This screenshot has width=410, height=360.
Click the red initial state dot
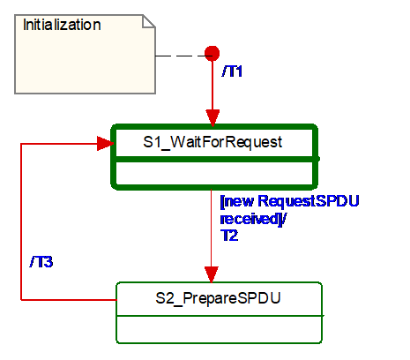tap(212, 53)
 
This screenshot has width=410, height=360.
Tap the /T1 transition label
tap(232, 71)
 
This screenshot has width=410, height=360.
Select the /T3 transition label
tap(41, 262)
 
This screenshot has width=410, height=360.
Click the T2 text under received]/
tap(229, 236)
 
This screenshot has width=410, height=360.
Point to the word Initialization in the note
tap(62, 25)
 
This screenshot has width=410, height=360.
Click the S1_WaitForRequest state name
tap(212, 142)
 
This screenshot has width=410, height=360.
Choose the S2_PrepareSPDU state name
tap(218, 298)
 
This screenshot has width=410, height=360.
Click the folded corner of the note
tap(149, 21)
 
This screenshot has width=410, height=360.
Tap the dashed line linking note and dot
tap(180, 56)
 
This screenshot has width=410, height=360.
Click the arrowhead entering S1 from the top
tap(212, 117)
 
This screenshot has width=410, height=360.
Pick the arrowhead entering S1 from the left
tap(105, 144)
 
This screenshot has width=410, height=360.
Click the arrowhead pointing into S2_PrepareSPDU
tap(211, 274)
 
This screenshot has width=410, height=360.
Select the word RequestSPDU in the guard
tap(309, 201)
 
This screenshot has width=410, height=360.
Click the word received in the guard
tap(250, 219)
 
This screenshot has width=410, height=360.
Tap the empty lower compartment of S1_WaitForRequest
tap(214, 173)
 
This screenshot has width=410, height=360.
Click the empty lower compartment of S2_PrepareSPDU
tap(220, 329)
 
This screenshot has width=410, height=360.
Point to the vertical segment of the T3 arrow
tap(21, 221)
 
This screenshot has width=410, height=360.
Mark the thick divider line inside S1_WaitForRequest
tap(214, 159)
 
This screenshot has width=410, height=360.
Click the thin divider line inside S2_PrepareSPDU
tap(220, 316)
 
